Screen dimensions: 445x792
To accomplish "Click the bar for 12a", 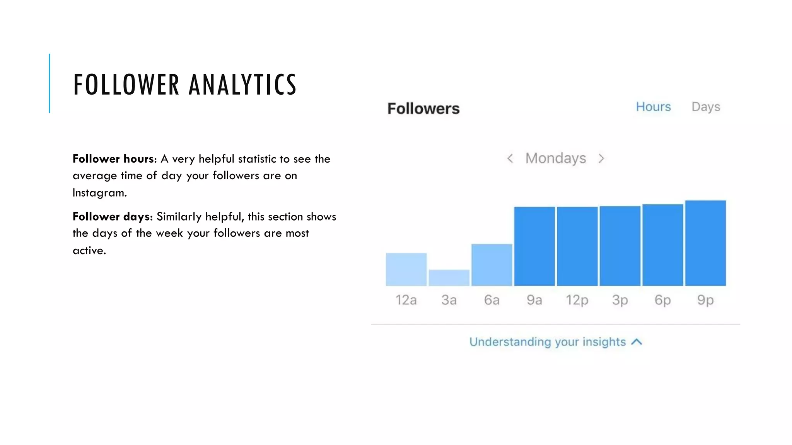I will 406,269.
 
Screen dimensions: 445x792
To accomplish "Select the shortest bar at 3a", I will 449,278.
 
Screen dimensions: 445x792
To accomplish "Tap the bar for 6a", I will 492,265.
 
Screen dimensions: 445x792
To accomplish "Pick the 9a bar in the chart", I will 534,246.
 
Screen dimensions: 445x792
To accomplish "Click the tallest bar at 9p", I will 705,243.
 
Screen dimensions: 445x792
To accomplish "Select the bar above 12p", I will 577,246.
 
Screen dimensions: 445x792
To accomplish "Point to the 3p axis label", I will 620,300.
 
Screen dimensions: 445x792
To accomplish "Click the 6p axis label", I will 662,300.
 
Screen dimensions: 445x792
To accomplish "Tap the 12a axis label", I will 406,300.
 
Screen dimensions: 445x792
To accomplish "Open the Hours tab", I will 653,107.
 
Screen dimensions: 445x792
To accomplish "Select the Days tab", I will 706,107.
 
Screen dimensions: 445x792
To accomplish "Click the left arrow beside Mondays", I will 510,158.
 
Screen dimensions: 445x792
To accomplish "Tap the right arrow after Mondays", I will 601,158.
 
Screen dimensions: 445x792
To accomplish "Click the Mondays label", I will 555,158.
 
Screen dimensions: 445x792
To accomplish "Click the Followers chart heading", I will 423,109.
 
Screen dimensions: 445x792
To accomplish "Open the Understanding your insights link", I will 547,342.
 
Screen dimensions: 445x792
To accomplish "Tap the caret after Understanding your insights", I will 637,342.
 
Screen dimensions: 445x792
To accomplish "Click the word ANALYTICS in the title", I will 242,85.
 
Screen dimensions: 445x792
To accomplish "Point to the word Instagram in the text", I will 99,192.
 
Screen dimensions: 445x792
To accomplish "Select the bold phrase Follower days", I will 113,216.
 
